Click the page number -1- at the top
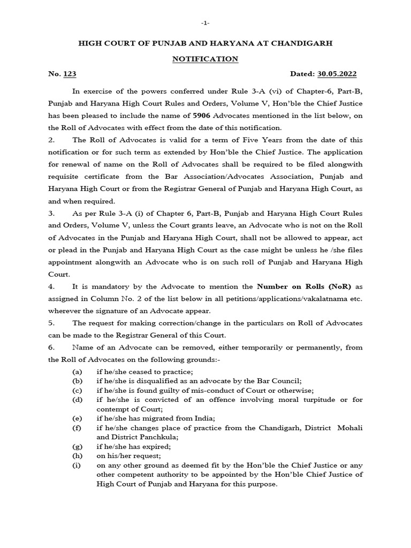click(205, 24)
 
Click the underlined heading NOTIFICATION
click(205, 59)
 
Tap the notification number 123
click(70, 74)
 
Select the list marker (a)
click(78, 371)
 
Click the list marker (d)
click(78, 400)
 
